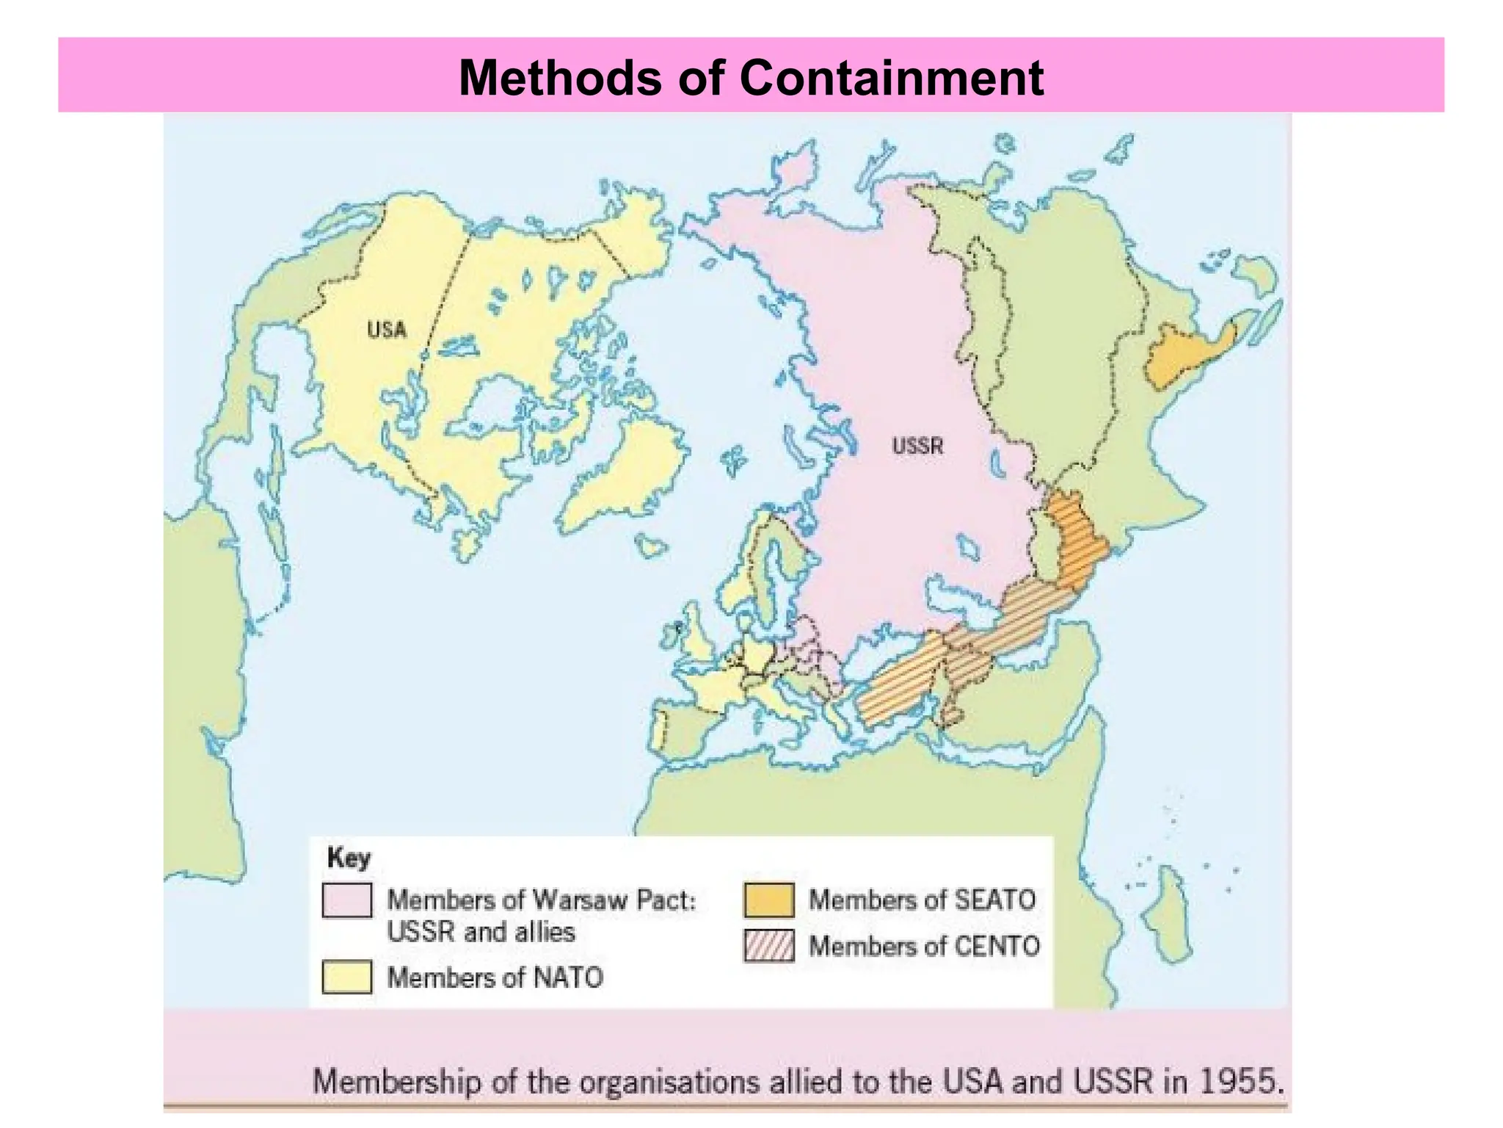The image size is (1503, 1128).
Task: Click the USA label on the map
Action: (x=387, y=329)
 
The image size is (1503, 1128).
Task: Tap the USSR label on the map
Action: (x=917, y=446)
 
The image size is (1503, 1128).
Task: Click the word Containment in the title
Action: (x=891, y=77)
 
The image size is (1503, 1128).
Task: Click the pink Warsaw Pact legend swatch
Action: (x=346, y=900)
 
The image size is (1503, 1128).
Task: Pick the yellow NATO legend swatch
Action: (x=346, y=977)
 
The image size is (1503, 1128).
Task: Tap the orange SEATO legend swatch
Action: (x=768, y=900)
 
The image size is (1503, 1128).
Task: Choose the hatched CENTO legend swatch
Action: (x=768, y=946)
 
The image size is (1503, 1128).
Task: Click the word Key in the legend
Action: (x=349, y=857)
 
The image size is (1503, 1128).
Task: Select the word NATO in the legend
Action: (x=568, y=977)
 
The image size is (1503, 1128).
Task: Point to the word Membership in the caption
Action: (x=396, y=1082)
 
